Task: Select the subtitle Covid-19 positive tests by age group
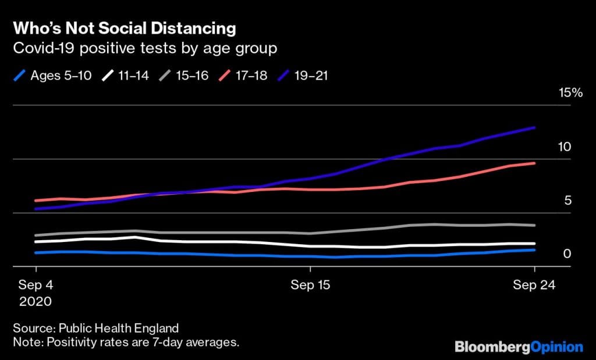tap(145, 48)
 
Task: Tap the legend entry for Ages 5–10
tap(61, 76)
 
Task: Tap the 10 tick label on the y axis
tap(564, 147)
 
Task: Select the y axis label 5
tap(567, 201)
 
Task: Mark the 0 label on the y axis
tap(567, 254)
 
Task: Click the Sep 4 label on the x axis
tap(36, 285)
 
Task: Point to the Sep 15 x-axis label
tap(310, 285)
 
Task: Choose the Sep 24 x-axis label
tap(534, 285)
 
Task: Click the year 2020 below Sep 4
tap(36, 302)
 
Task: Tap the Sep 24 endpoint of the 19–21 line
tap(534, 127)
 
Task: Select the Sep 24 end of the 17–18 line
tap(534, 163)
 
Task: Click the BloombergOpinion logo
tap(519, 347)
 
